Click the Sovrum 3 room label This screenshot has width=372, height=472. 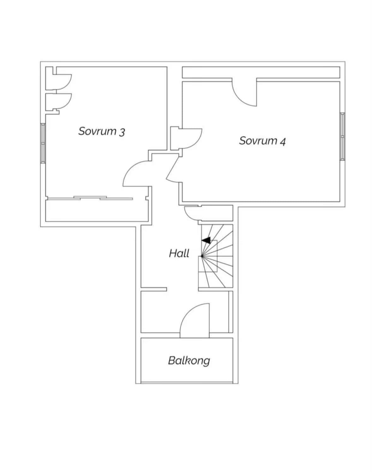[102, 131]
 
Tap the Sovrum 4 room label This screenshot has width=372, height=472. [262, 141]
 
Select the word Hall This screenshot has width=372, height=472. [179, 253]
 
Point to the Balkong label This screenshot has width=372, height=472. [189, 361]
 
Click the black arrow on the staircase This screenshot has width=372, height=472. [206, 240]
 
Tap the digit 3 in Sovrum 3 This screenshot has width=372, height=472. [122, 132]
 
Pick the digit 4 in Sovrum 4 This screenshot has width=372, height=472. [283, 142]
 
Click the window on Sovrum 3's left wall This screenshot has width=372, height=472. [43, 143]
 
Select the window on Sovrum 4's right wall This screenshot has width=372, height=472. [342, 136]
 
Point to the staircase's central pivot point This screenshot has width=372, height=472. [202, 256]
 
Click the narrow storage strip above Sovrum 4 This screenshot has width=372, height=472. [261, 72]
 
